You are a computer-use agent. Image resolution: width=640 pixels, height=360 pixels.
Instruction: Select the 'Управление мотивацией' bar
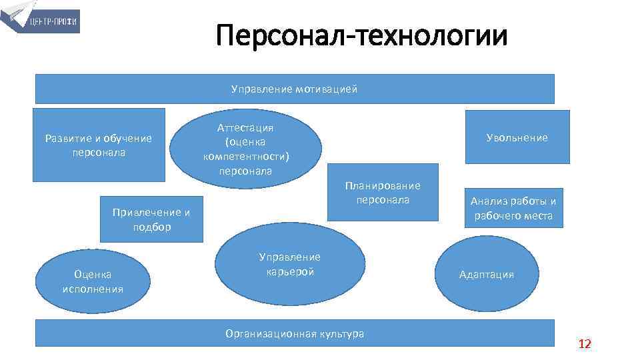click(294, 89)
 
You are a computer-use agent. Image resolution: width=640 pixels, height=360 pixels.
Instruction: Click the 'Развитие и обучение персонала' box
click(99, 145)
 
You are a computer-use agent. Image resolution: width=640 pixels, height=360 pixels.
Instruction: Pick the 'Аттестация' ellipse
click(246, 149)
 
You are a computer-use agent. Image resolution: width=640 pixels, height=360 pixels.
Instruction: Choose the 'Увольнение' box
click(517, 137)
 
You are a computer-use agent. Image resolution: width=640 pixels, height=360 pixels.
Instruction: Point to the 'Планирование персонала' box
click(383, 192)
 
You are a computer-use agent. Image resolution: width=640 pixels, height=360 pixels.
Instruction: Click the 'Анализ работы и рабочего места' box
click(513, 208)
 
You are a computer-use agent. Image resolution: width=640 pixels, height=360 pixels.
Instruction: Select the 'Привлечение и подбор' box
click(151, 219)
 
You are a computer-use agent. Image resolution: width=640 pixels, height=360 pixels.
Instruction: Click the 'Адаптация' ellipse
click(487, 274)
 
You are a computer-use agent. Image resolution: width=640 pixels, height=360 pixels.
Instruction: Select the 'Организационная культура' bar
click(294, 333)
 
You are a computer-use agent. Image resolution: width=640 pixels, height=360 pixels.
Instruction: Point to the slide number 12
click(585, 344)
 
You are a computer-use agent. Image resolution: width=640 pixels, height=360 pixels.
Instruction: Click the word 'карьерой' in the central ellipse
click(290, 271)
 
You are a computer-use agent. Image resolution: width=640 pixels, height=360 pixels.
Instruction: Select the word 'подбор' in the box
click(151, 227)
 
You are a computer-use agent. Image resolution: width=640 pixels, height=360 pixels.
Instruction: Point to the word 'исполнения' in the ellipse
click(93, 289)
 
